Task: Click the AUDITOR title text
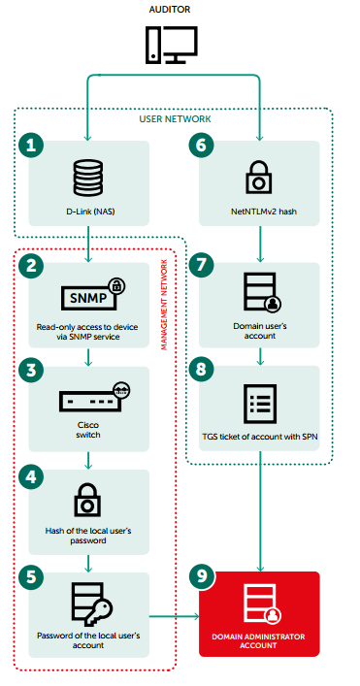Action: click(x=170, y=9)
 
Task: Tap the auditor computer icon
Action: click(x=172, y=45)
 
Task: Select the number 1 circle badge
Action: click(x=31, y=146)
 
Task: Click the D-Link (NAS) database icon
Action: click(x=89, y=178)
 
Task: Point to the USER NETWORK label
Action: click(x=175, y=119)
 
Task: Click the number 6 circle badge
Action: click(x=201, y=146)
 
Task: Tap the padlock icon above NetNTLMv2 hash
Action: click(x=259, y=177)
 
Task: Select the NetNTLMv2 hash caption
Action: click(x=259, y=212)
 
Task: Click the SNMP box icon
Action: click(x=93, y=296)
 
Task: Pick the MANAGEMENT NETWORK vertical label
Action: click(x=164, y=305)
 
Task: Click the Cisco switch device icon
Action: click(x=95, y=397)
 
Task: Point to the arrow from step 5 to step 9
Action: click(x=174, y=616)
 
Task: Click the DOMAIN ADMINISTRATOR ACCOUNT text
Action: click(x=258, y=641)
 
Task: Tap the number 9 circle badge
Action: click(x=201, y=577)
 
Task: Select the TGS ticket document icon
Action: click(x=260, y=404)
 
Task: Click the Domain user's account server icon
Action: click(x=262, y=292)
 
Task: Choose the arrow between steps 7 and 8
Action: click(x=260, y=356)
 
